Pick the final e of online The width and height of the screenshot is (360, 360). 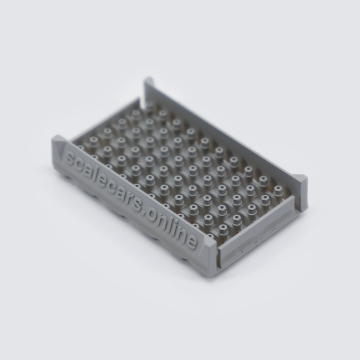pos(192,240)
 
